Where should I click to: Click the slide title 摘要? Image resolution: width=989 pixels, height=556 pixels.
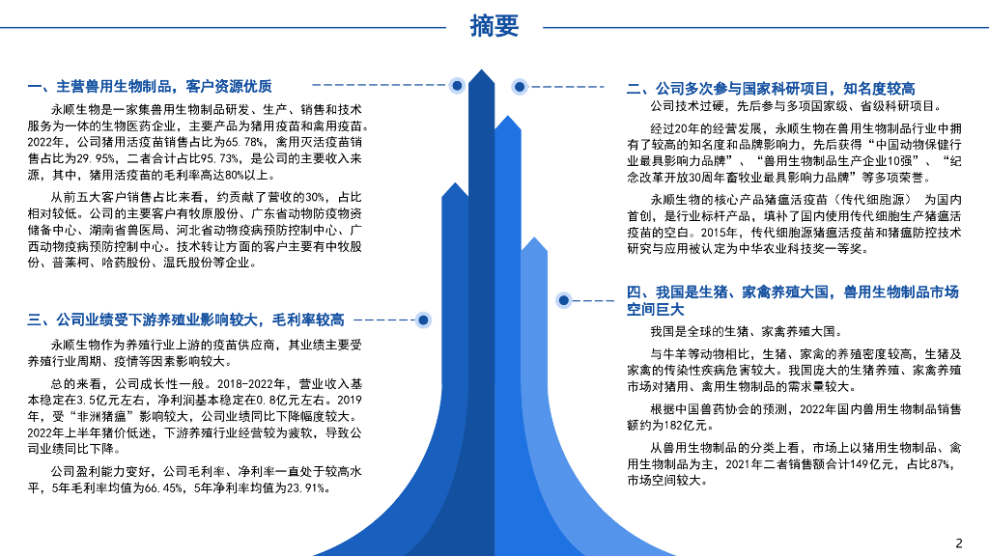point(494,26)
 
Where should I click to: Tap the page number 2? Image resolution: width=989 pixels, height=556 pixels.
point(958,542)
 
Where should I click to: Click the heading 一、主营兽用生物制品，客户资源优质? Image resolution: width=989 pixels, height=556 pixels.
point(151,86)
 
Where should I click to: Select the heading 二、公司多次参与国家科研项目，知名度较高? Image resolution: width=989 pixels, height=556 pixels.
point(771,88)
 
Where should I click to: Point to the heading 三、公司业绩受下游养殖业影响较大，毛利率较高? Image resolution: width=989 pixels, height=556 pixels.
point(185,320)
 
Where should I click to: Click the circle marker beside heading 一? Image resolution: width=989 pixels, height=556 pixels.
point(456,86)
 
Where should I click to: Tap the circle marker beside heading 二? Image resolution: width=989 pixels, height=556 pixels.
point(520,87)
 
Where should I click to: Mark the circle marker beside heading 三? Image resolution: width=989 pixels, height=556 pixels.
point(422,320)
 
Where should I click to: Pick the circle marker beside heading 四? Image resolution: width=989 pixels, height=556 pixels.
point(564,300)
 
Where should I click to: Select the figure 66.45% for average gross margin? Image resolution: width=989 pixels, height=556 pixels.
point(160,487)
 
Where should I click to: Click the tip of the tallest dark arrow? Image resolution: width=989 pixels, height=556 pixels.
point(481,73)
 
